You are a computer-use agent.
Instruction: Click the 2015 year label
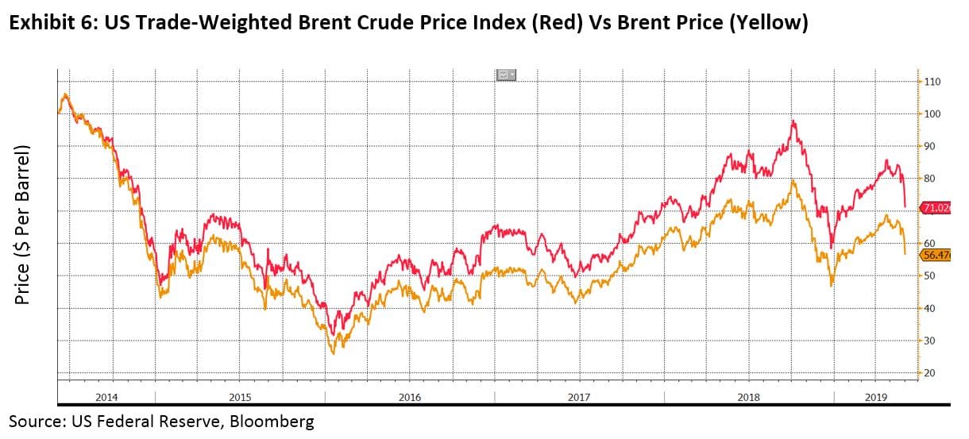click(240, 396)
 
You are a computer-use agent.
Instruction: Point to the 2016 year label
click(410, 396)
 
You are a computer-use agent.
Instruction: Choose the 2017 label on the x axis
click(579, 396)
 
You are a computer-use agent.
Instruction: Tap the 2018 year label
click(749, 396)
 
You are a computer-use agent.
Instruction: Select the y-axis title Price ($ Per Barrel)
click(24, 225)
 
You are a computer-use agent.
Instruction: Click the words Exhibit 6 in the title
click(50, 23)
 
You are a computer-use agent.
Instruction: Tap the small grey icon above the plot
click(506, 75)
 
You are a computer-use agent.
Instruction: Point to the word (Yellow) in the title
click(769, 23)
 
